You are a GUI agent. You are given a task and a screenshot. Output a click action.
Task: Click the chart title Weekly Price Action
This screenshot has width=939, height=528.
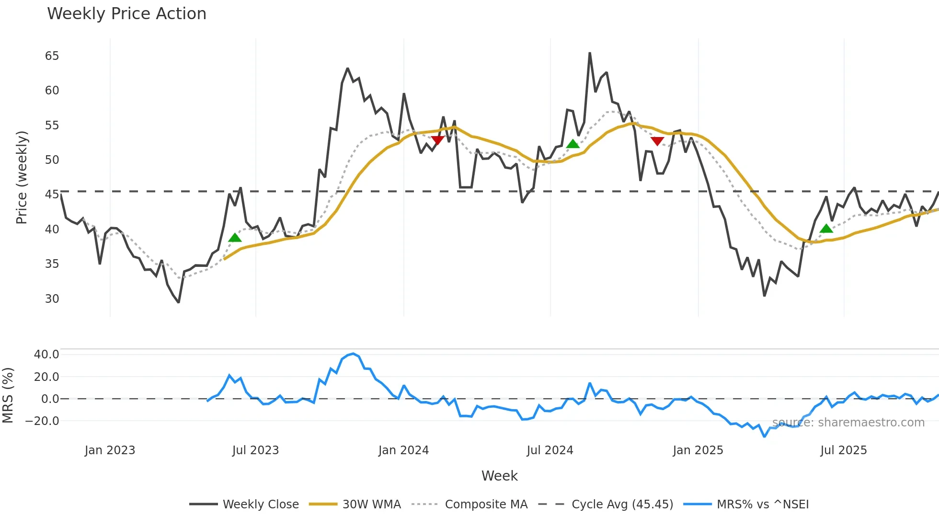[126, 14]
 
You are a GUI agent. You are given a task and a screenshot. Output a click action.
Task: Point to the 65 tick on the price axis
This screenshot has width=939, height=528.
[52, 56]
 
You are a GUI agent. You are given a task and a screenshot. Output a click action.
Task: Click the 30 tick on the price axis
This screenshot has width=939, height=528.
[52, 299]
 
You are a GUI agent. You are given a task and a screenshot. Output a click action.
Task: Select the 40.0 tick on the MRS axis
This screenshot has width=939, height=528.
[46, 355]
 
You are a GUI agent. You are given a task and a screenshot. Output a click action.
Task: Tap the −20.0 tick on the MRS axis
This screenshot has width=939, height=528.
[43, 421]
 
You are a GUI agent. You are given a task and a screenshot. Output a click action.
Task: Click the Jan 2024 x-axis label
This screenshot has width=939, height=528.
[403, 450]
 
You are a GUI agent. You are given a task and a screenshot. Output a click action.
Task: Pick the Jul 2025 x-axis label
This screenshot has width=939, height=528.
[843, 450]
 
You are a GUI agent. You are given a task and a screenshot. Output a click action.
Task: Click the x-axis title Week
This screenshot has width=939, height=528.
[499, 476]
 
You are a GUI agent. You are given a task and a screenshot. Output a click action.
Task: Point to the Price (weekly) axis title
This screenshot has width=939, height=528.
[22, 178]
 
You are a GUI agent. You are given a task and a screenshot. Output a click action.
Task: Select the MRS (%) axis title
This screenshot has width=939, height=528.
[8, 395]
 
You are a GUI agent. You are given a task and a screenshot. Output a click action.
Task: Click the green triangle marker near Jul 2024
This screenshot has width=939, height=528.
[573, 144]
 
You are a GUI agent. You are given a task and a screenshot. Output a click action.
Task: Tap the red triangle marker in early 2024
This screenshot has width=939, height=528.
[437, 140]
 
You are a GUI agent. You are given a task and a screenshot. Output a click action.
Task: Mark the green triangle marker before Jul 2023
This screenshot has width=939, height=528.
[235, 238]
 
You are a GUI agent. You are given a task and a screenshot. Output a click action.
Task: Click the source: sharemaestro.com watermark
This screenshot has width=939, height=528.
[848, 423]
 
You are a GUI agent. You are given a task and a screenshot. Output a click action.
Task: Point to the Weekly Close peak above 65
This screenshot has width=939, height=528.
[590, 53]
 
